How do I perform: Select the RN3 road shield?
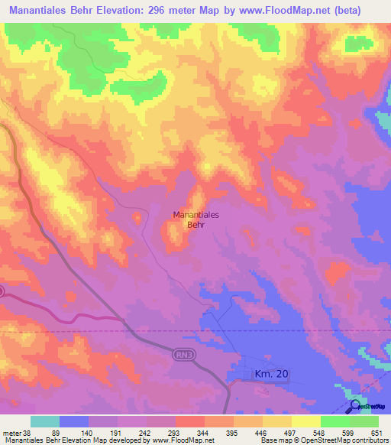181,352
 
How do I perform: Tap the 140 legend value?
89,432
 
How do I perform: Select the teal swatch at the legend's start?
45,421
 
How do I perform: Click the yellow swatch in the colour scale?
306,421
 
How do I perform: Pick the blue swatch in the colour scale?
74,421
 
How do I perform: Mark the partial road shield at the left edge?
2,291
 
